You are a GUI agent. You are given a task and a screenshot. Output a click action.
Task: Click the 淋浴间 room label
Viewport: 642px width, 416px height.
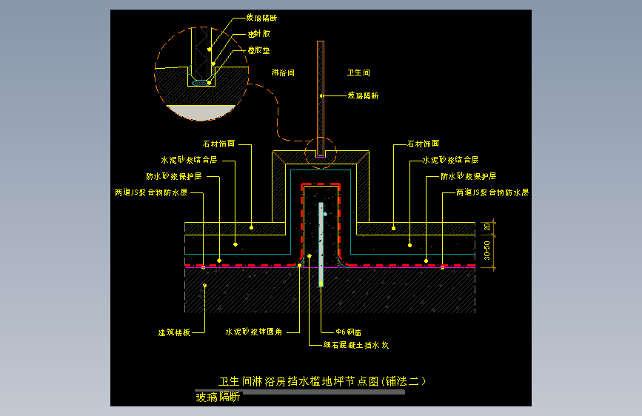click(284, 73)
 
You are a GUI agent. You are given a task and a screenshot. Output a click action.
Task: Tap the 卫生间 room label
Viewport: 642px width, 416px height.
click(358, 73)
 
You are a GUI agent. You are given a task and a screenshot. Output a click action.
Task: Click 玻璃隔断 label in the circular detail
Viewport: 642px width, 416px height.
click(261, 18)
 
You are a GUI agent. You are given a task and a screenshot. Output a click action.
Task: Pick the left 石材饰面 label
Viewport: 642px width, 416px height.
click(218, 144)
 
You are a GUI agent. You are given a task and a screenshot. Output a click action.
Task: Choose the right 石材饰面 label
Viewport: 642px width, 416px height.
click(424, 144)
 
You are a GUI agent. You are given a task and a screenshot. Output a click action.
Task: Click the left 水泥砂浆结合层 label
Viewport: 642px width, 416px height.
click(189, 160)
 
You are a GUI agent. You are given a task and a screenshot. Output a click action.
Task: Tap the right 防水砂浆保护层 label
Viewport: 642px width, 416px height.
click(468, 177)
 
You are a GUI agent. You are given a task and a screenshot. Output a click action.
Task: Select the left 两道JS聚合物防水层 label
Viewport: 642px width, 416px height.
click(150, 192)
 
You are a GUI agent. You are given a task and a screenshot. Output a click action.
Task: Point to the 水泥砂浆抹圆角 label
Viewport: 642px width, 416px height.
click(253, 332)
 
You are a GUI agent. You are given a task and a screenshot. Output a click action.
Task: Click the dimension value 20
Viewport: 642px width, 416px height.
click(486, 227)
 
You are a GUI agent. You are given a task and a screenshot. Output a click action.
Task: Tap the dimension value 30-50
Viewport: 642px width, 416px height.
click(486, 249)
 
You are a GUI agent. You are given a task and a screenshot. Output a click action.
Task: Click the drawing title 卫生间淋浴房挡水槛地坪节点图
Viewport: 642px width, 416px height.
click(323, 381)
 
